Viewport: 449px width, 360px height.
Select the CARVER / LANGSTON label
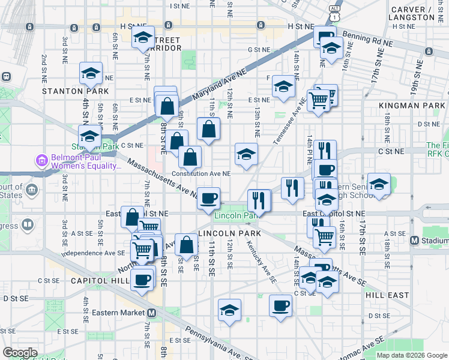click(418, 14)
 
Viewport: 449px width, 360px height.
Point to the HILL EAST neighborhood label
click(387, 295)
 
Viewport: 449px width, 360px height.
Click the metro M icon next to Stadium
click(414, 241)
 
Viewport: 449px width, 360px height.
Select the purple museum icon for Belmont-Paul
click(41, 161)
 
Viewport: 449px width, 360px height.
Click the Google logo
click(20, 353)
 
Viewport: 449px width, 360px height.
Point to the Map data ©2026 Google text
click(412, 355)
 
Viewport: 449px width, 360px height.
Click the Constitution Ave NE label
click(201, 173)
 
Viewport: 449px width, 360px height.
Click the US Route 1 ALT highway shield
click(334, 8)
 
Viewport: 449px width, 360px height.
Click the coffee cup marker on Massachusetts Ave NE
click(209, 198)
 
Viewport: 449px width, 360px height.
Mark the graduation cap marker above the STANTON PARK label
click(91, 74)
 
